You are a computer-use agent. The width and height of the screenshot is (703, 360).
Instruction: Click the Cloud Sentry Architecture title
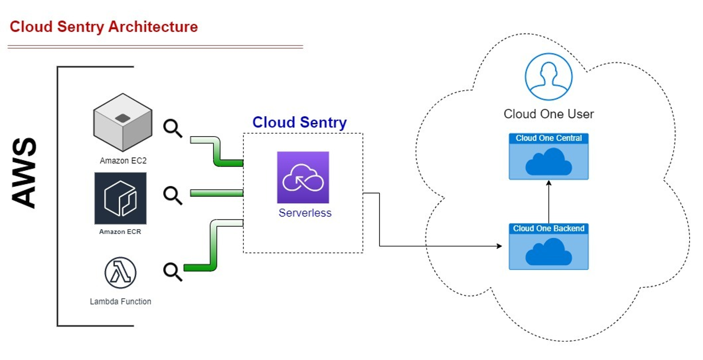pyautogui.click(x=104, y=27)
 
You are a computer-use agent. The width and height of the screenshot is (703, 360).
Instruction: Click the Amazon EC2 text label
pyautogui.click(x=123, y=160)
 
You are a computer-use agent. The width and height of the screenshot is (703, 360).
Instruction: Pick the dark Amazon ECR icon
pyautogui.click(x=120, y=198)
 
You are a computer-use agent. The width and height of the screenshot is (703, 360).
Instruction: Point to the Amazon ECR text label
pyautogui.click(x=120, y=231)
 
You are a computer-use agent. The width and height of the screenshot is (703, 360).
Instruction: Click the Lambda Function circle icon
pyautogui.click(x=120, y=273)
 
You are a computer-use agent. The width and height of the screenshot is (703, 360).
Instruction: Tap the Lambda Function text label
pyautogui.click(x=120, y=301)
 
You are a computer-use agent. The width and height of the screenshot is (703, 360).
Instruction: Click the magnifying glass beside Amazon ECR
pyautogui.click(x=173, y=195)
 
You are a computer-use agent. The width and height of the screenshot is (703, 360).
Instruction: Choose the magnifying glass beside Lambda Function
pyautogui.click(x=173, y=272)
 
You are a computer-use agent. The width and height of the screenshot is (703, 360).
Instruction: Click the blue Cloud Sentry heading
pyautogui.click(x=299, y=122)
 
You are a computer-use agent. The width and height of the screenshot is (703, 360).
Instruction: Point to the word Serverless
pyautogui.click(x=305, y=213)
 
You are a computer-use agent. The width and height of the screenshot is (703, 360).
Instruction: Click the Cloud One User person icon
pyautogui.click(x=548, y=77)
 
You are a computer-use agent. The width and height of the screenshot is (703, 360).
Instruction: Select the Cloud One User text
pyautogui.click(x=548, y=114)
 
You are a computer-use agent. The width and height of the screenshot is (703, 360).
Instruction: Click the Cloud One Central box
pyautogui.click(x=548, y=156)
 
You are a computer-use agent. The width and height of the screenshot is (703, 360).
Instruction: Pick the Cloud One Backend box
pyautogui.click(x=548, y=247)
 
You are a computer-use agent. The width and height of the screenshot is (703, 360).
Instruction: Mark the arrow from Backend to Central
pyautogui.click(x=548, y=202)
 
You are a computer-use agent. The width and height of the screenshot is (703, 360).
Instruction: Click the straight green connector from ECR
pyautogui.click(x=216, y=193)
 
